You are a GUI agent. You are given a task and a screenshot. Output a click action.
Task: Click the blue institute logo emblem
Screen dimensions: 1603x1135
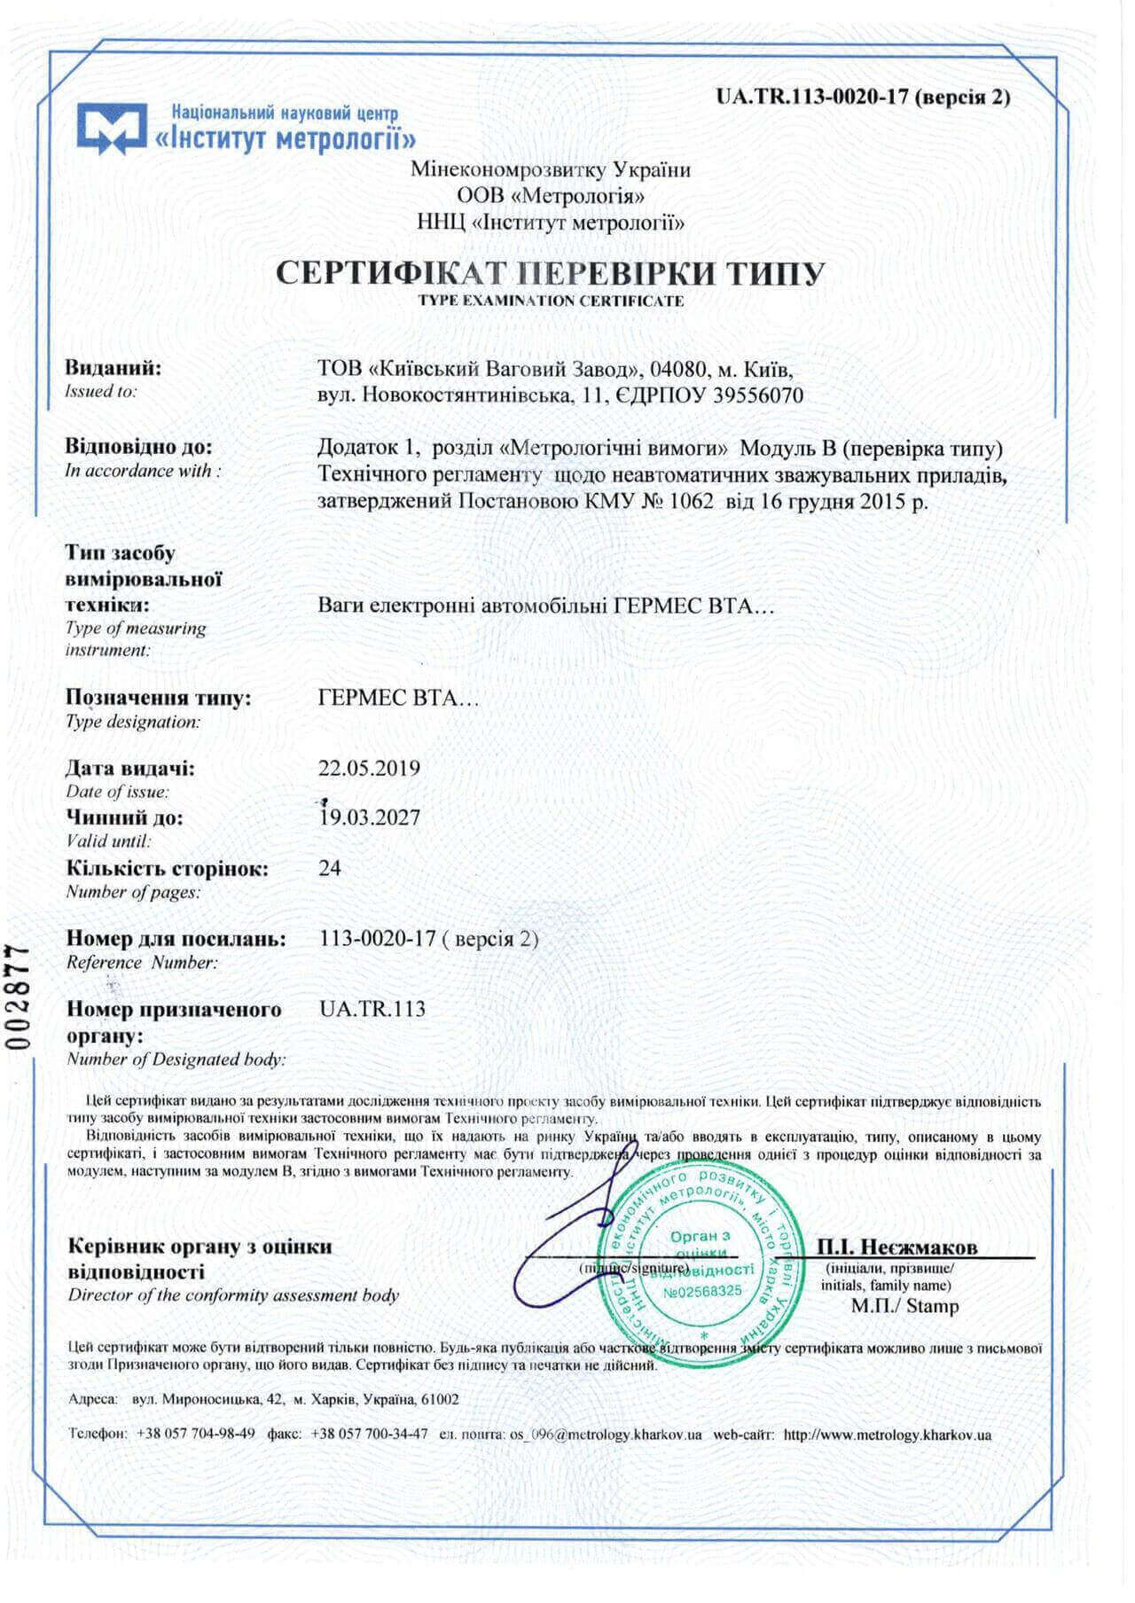click(x=111, y=128)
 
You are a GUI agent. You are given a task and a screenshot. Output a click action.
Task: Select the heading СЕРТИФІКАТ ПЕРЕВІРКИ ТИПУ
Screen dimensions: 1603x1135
click(x=550, y=273)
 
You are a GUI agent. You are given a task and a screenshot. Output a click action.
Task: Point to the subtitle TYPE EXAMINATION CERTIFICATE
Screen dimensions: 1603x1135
click(x=551, y=301)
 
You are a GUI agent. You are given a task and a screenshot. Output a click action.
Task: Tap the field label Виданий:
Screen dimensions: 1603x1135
click(x=113, y=368)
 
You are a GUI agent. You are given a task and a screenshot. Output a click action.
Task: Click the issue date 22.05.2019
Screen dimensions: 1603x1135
click(x=369, y=768)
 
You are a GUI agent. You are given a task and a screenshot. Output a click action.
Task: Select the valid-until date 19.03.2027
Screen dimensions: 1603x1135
click(x=369, y=817)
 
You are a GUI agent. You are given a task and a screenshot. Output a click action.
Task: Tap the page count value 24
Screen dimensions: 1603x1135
click(x=329, y=867)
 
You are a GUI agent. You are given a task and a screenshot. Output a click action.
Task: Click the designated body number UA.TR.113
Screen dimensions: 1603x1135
click(x=372, y=1009)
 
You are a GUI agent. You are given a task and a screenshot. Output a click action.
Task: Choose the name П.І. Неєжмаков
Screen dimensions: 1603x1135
click(x=897, y=1247)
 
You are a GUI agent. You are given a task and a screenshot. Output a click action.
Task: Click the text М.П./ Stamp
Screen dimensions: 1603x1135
click(x=904, y=1306)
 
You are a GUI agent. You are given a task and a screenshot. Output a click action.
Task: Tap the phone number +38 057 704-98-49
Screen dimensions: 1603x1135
click(x=196, y=1434)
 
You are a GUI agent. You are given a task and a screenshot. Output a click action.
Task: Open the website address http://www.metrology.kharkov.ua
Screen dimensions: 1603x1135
click(x=888, y=1435)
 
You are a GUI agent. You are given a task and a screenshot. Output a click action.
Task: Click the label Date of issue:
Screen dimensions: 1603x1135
click(x=117, y=792)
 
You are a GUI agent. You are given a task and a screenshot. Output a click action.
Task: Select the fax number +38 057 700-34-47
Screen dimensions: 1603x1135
click(x=370, y=1434)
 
